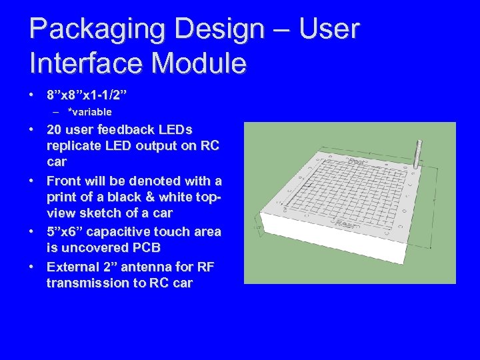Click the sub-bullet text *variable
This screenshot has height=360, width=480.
coord(89,111)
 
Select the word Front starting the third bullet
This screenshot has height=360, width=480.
coord(65,181)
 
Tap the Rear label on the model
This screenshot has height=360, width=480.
coord(345,224)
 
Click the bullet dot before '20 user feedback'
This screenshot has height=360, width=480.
coord(32,129)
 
